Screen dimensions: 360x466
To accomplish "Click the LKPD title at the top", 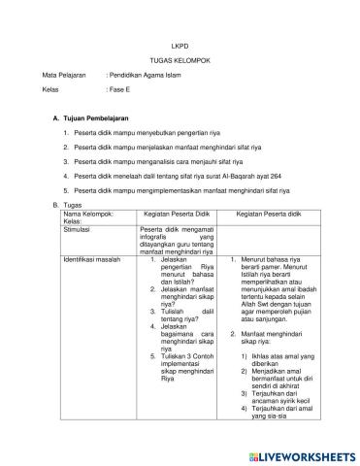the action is (180, 44).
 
